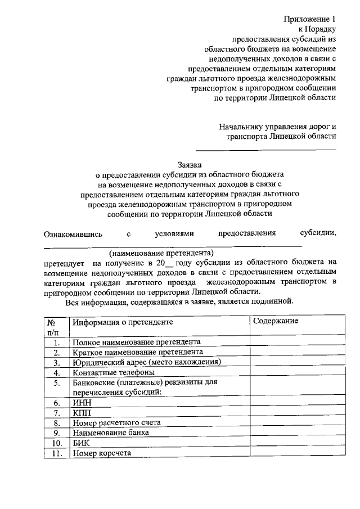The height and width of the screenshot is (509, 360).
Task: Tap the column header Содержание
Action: coord(276,321)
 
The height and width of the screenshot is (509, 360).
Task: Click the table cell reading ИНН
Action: coord(82,403)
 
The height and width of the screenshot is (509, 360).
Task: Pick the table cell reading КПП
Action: coord(82,413)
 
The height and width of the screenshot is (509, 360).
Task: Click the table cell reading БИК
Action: coord(82,443)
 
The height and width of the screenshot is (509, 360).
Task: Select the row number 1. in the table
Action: coord(55,342)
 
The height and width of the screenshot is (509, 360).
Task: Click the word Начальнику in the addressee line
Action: coord(241,125)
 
